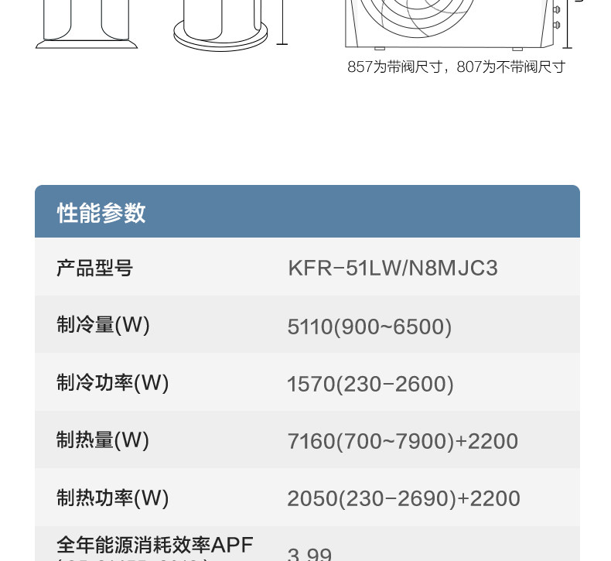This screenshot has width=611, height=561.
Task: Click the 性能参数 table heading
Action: click(x=101, y=213)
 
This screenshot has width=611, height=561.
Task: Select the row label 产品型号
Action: click(x=94, y=269)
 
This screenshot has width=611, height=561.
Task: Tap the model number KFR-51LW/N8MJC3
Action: click(x=392, y=269)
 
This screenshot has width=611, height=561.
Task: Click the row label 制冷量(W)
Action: click(x=103, y=325)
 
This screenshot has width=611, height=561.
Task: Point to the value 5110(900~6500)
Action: click(x=369, y=327)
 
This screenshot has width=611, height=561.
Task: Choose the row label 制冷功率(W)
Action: click(x=112, y=382)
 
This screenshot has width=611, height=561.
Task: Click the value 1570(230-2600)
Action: click(x=370, y=384)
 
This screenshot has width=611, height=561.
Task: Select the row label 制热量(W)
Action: click(x=103, y=440)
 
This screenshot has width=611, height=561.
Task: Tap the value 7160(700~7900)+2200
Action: click(x=402, y=441)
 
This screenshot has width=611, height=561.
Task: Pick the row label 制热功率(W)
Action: click(x=112, y=497)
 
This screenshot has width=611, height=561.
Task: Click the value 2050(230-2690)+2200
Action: click(x=403, y=498)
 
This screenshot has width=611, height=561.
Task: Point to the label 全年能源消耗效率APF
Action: click(x=155, y=545)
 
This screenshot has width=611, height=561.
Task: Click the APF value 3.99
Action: click(x=309, y=554)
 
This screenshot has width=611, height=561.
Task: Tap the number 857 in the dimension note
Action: click(x=360, y=67)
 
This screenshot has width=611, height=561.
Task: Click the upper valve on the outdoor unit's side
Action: click(x=556, y=10)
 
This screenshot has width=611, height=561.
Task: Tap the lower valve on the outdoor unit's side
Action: click(x=556, y=26)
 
